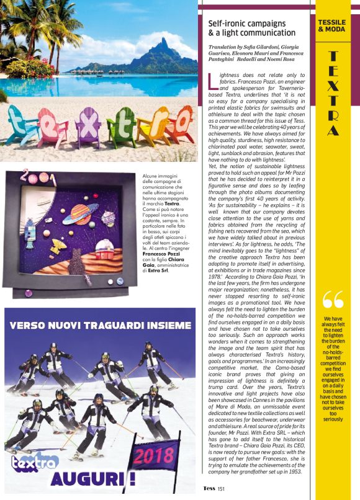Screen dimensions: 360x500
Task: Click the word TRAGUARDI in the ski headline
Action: pos(116,326)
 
